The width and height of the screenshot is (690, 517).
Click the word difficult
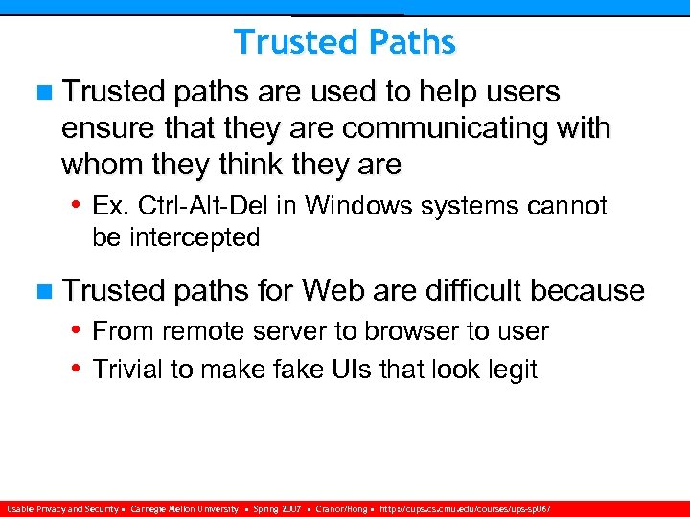point(465,290)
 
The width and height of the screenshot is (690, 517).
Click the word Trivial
point(127,369)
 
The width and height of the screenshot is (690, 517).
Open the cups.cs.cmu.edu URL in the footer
point(465,509)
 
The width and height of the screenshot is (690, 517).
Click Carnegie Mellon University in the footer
point(184,509)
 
